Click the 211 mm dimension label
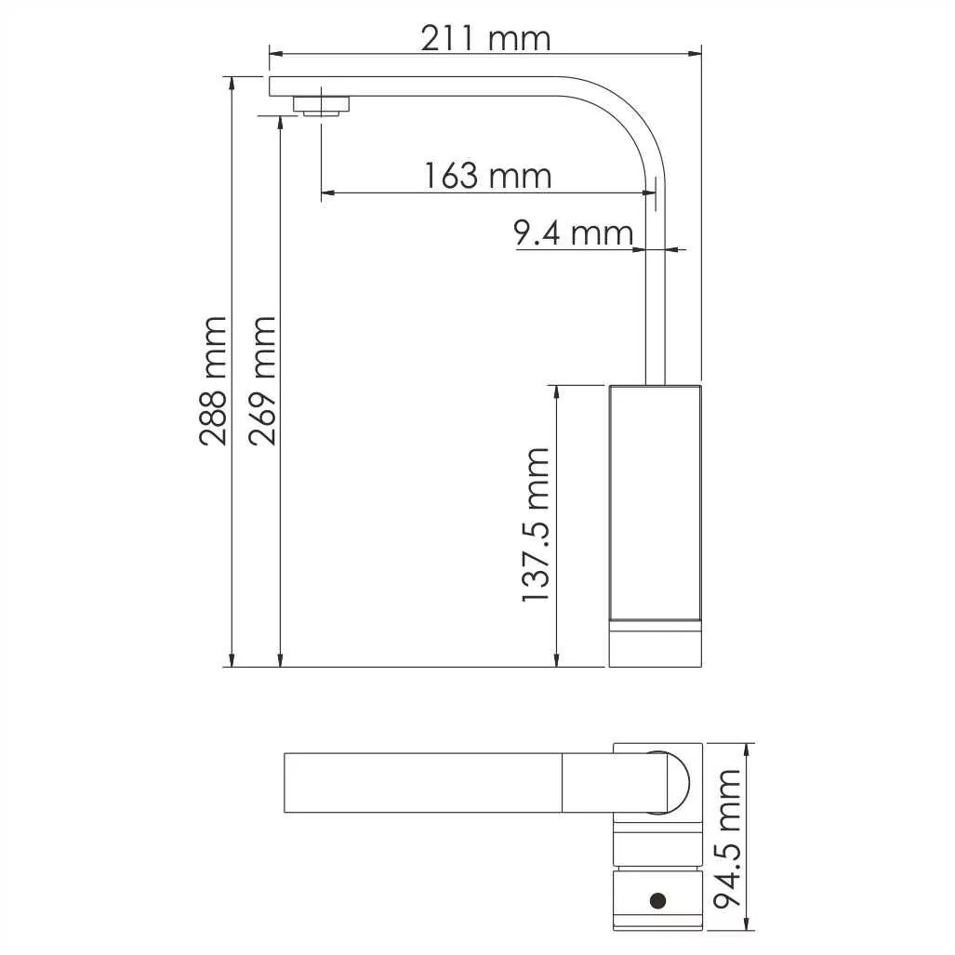[485, 39]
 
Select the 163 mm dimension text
[487, 175]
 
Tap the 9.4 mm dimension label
[574, 233]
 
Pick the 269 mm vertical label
[262, 380]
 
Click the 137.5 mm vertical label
[536, 524]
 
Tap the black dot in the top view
[658, 899]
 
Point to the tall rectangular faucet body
[655, 502]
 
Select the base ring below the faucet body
[655, 643]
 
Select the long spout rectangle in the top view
[423, 782]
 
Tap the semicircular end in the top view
[677, 782]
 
